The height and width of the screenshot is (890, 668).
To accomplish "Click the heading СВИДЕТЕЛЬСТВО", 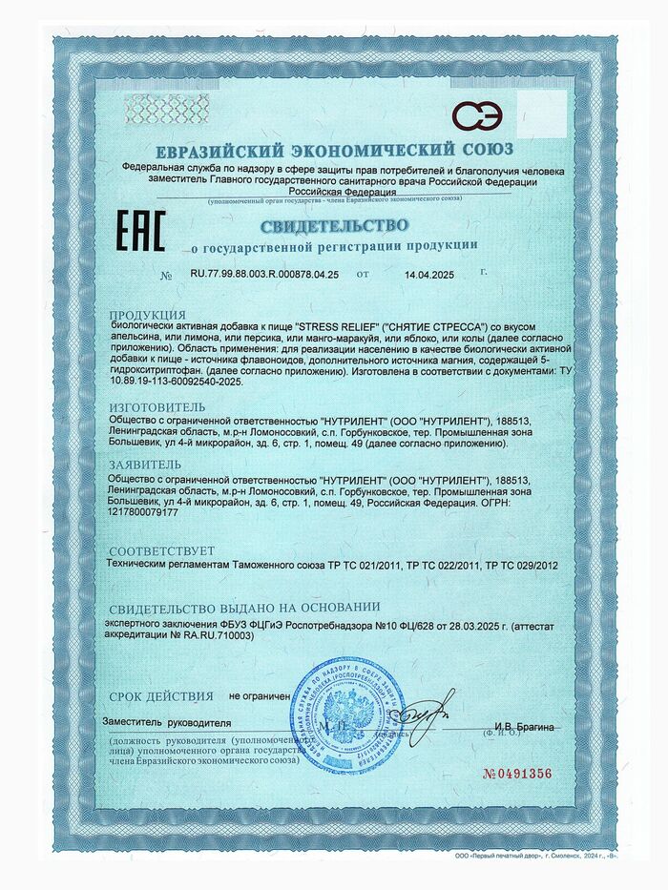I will (334, 226).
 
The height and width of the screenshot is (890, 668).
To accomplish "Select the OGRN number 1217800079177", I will (144, 513).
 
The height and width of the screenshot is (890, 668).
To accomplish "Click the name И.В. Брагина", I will (523, 729).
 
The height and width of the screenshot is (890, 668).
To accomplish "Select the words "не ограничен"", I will (259, 697).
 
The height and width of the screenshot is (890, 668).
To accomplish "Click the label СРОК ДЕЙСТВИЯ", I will (161, 696).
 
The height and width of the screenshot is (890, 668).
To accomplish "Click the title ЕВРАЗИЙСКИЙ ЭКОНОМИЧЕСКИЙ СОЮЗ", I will (334, 150).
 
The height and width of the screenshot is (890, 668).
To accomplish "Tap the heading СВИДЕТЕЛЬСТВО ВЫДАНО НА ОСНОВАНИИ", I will (244, 608).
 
